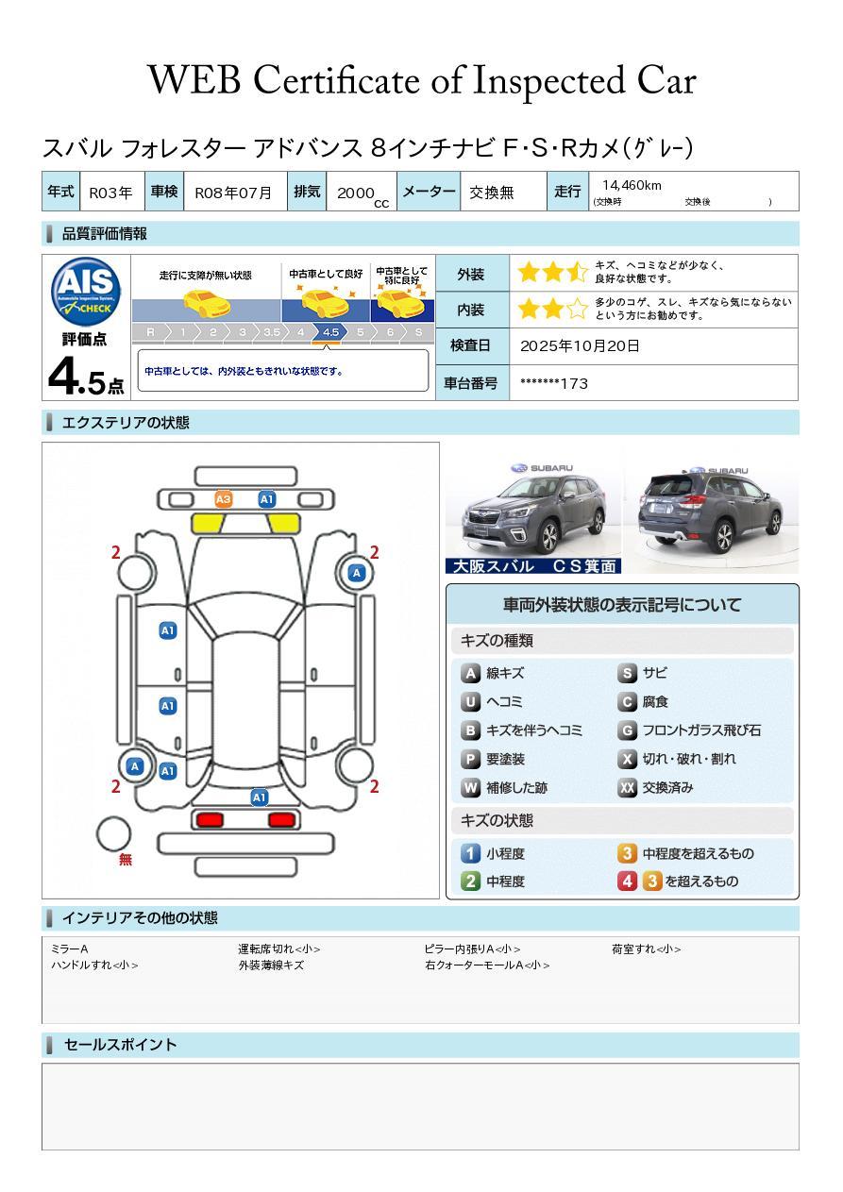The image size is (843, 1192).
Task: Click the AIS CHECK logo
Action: pos(86,293)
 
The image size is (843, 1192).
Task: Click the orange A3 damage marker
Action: pos(224,499)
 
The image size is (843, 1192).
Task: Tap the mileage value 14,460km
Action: pos(632,185)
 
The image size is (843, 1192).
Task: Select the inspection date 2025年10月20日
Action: pos(579,345)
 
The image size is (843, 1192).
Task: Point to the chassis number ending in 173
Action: pos(553,383)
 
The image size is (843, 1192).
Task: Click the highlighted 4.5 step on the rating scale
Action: pos(330,332)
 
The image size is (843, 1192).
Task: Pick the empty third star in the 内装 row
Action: pos(577,309)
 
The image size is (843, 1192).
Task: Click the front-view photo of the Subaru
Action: pos(533,510)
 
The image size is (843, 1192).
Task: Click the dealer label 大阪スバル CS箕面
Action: pos(533,566)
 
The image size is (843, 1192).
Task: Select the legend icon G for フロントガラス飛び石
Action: pos(627,730)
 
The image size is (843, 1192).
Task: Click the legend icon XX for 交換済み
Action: pos(627,788)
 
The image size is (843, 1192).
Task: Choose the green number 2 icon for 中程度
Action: pos(470,881)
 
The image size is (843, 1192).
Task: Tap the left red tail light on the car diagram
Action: pos(210,819)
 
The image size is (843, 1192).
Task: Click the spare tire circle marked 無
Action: pos(113,834)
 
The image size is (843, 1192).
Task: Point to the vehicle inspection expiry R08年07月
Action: pos(233,193)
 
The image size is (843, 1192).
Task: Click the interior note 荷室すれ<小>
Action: pos(646,949)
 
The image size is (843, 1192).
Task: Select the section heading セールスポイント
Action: pos(120,1045)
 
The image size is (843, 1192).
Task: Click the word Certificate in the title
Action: pos(336,81)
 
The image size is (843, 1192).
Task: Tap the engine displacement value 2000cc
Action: pos(362,194)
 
